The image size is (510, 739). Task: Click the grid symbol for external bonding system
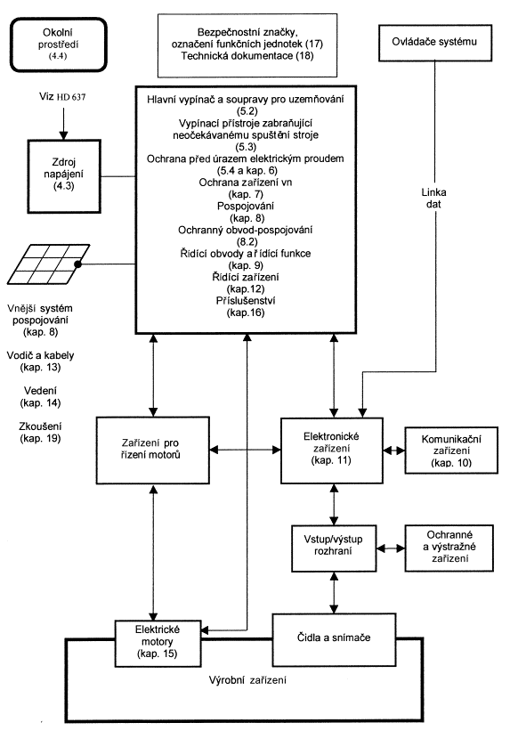pos(48,264)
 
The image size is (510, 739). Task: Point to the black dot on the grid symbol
pos(77,264)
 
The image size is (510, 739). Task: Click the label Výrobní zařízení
pos(247,679)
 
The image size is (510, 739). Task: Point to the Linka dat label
pos(433,198)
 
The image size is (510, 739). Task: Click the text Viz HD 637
pos(62,97)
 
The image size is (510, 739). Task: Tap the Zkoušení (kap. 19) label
pos(41,432)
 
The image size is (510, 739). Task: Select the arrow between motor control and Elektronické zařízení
pos(245,450)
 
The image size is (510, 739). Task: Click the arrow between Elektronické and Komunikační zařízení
pos(394,451)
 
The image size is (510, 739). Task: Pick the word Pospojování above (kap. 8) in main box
pos(245,206)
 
